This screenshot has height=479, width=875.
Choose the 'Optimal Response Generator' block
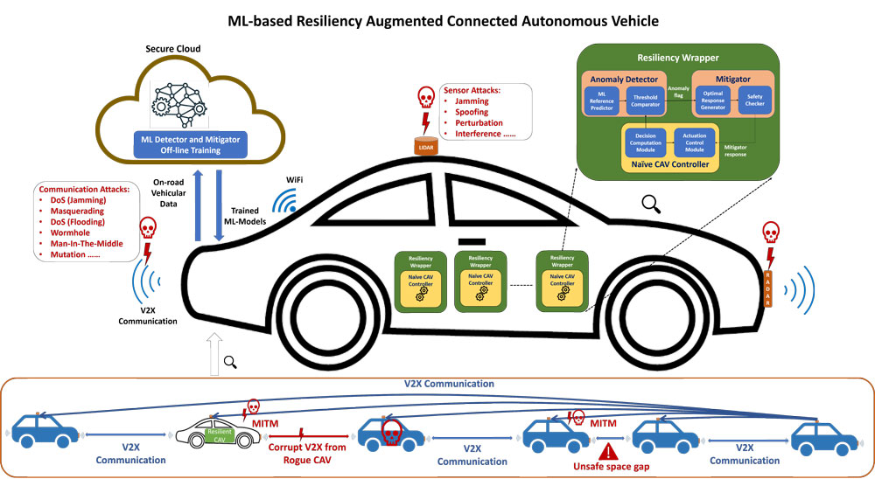(713, 101)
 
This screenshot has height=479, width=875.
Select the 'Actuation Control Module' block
(694, 142)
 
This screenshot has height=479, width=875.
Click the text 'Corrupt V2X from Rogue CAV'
(302, 455)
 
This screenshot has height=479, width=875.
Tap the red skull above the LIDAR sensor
(426, 97)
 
